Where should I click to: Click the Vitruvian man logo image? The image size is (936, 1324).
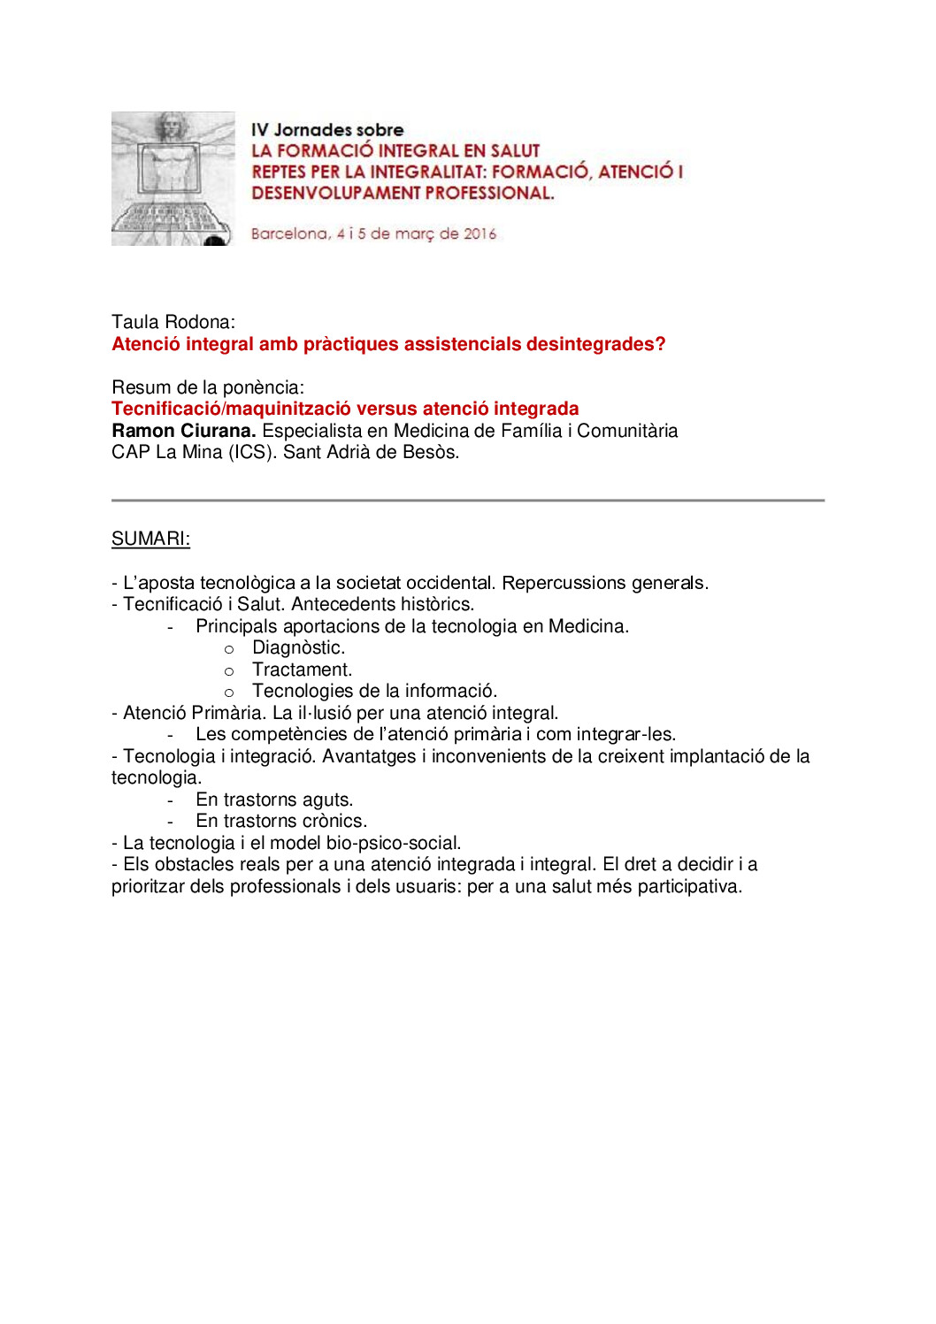(x=173, y=179)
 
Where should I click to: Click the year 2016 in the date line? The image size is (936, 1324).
(x=480, y=233)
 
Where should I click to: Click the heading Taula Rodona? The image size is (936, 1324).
(x=173, y=322)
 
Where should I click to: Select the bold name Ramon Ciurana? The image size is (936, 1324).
(x=183, y=431)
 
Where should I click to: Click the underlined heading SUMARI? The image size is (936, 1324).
(x=150, y=539)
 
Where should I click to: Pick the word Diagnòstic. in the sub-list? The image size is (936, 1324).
(x=298, y=647)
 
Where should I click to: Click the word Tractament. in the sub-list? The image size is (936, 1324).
(x=302, y=670)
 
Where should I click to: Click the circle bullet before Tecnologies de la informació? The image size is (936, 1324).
(x=229, y=693)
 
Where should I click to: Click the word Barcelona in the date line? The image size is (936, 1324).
(x=289, y=233)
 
